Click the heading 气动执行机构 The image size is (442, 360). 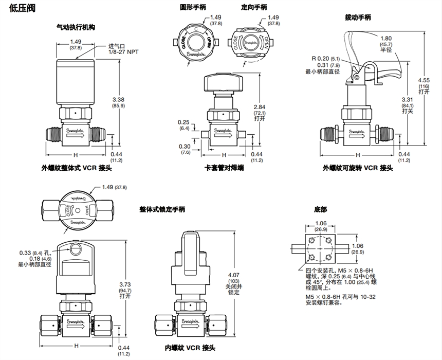[x=76, y=27]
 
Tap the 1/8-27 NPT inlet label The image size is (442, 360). [x=123, y=52]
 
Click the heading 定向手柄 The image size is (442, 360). [x=254, y=8]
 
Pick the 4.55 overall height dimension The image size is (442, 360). [x=423, y=80]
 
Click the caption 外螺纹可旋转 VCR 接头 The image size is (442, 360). [x=358, y=168]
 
